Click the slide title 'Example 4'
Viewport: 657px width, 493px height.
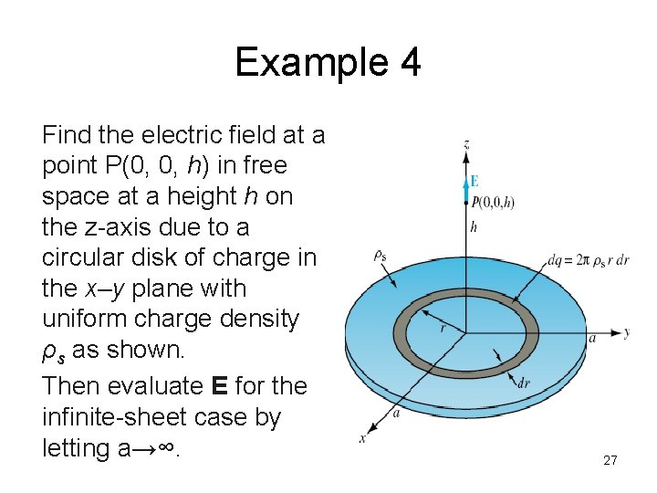328,62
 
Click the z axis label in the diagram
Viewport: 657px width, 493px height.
466,144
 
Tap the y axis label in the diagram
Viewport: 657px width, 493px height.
627,332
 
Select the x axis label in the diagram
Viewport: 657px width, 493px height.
362,438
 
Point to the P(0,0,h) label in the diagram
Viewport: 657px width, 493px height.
494,202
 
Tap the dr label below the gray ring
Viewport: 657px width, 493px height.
523,383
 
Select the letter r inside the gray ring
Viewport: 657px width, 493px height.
443,326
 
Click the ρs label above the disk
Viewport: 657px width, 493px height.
380,257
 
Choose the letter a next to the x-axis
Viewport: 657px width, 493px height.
395,413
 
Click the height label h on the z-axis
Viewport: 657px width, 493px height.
474,226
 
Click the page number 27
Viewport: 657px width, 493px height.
610,460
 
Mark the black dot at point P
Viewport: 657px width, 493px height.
466,202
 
